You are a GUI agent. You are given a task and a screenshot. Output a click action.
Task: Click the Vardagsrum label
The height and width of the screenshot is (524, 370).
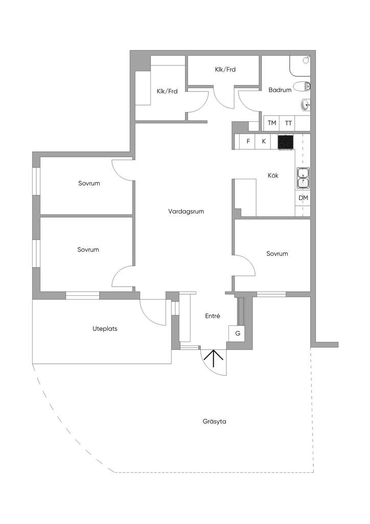(186, 211)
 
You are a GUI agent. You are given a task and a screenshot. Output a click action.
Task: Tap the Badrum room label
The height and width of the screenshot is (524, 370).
(280, 90)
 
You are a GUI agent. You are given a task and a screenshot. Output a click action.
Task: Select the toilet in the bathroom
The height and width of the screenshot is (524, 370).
(302, 86)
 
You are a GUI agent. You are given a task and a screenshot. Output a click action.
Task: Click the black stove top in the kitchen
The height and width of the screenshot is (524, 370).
(286, 142)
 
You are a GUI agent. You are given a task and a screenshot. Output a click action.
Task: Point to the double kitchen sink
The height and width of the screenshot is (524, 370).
(303, 177)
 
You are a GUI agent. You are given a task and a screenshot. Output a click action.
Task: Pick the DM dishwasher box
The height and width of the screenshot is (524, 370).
(303, 198)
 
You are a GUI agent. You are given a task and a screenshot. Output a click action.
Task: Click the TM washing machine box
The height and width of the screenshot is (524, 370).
(272, 123)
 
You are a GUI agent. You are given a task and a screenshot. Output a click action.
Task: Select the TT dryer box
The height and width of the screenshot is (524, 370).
(289, 123)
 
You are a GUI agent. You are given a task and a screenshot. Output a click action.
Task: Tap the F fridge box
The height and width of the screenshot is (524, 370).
(248, 141)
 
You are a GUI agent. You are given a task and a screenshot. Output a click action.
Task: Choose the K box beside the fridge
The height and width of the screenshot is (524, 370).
(264, 141)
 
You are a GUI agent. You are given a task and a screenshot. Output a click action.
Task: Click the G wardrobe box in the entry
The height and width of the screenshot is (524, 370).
(238, 333)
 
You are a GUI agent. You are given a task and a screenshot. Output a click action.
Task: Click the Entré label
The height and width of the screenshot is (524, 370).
(212, 316)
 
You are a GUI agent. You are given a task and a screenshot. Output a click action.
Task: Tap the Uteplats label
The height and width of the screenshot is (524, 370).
(105, 329)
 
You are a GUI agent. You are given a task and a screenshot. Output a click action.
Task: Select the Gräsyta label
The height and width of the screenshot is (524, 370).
(214, 422)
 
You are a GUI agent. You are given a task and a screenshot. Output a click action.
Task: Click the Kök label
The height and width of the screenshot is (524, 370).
(273, 176)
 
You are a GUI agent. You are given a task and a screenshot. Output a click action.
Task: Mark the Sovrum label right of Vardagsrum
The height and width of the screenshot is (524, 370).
(277, 254)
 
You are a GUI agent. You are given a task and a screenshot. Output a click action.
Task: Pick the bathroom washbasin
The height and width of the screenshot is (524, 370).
(305, 105)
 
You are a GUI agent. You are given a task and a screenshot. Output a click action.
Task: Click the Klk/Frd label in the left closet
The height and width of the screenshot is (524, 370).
(167, 92)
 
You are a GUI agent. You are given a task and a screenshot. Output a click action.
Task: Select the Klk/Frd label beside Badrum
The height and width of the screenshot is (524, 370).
(225, 70)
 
